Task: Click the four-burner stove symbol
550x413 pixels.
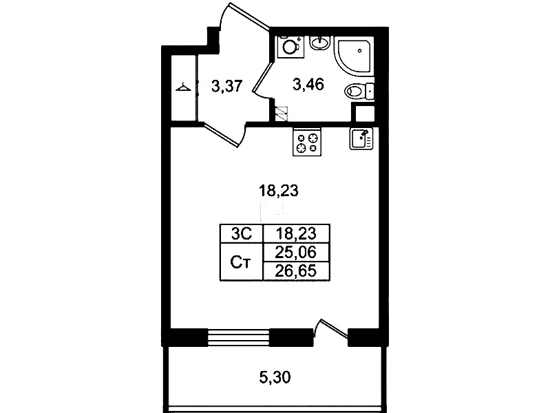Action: (x=307, y=142)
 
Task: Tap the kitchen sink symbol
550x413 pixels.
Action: (x=361, y=138)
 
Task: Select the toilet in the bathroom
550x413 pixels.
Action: (x=359, y=92)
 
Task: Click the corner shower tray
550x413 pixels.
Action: (x=354, y=57)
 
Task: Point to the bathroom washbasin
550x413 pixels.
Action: (x=320, y=43)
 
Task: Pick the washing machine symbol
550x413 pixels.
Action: (x=290, y=47)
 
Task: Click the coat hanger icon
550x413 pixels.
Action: (x=183, y=87)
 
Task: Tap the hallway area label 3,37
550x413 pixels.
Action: (x=227, y=85)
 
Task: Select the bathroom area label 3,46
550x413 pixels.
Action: (x=308, y=85)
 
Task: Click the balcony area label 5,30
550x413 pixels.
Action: (x=275, y=378)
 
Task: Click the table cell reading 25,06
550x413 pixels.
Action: (x=296, y=252)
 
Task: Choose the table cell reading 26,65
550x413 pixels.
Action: (x=296, y=271)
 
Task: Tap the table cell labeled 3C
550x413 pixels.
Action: (x=242, y=233)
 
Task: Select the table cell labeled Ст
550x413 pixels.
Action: (x=242, y=262)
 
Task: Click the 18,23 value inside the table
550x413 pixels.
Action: (x=296, y=233)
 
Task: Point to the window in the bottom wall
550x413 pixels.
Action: (x=239, y=337)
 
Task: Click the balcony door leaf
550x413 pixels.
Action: (x=334, y=329)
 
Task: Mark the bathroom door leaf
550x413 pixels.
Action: (x=263, y=77)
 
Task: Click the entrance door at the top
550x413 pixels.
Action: (x=249, y=15)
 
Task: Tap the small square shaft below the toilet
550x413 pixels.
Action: (x=363, y=113)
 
